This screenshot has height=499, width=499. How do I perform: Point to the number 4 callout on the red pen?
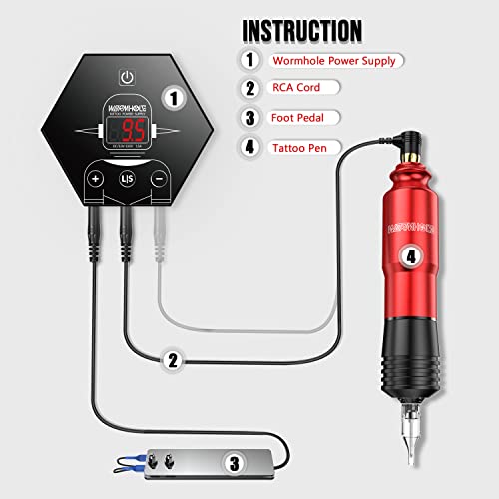coord(409,255)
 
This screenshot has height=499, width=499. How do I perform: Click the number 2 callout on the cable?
coord(173,360)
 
